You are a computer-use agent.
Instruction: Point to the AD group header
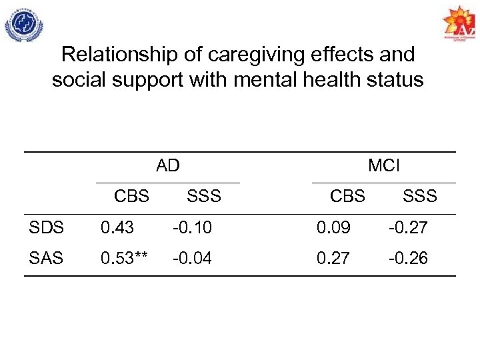[x=168, y=165]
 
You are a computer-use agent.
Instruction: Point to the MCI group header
[x=384, y=165]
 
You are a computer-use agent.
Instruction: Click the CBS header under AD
[x=131, y=196]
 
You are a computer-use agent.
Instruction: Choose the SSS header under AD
[x=203, y=196]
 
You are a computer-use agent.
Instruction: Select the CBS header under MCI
[x=347, y=196]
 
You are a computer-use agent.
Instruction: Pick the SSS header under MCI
[x=419, y=196]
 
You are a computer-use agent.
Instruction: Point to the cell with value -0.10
[x=192, y=228]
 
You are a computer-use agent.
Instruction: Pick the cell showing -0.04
[x=192, y=258]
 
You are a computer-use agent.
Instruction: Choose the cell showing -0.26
[x=409, y=258]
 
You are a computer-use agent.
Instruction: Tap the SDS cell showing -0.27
[x=409, y=228]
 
